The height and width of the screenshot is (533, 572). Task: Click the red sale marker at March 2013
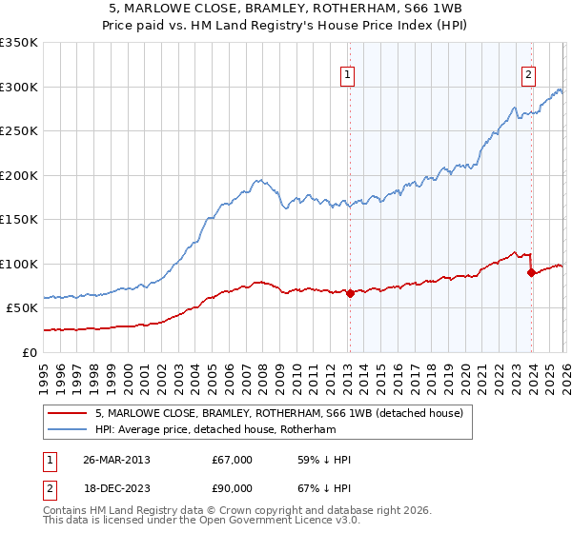coord(350,293)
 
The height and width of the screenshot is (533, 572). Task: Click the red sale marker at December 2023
coord(531,273)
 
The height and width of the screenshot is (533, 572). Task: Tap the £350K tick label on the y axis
coord(19,43)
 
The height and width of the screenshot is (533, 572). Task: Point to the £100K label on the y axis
coord(19,264)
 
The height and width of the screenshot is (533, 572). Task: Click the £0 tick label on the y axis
coord(31,352)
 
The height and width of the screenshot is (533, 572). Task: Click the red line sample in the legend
coord(70,413)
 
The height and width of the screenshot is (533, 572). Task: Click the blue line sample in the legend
coord(70,429)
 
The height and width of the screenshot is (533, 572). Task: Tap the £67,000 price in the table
coord(233,460)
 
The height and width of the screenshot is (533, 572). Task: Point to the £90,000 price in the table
coord(233,488)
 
